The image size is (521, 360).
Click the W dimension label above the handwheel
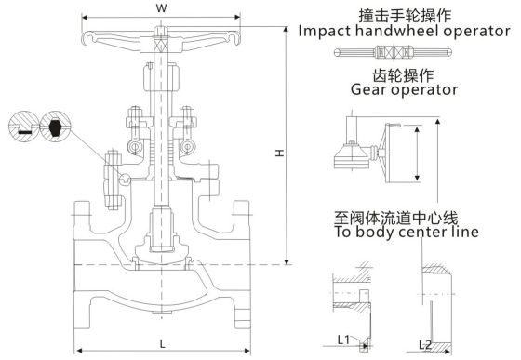click(x=161, y=8)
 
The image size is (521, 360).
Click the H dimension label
click(x=280, y=153)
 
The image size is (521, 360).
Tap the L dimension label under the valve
click(x=162, y=344)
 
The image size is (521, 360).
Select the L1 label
click(x=343, y=340)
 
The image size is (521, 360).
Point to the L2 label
click(x=425, y=345)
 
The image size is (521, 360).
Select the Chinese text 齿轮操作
click(x=403, y=75)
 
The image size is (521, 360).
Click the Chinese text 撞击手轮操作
click(x=405, y=16)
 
